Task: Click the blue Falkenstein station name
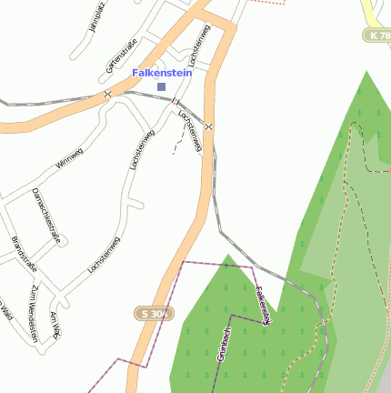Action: tap(161, 72)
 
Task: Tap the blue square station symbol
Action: tap(162, 86)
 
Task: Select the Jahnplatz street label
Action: tap(97, 16)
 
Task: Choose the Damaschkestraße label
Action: tap(46, 216)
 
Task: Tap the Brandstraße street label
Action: tap(23, 255)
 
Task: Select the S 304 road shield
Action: tap(155, 314)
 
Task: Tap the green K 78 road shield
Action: tap(378, 35)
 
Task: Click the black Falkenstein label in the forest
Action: tap(263, 306)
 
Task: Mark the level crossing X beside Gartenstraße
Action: tap(107, 94)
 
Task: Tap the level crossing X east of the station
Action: tap(209, 126)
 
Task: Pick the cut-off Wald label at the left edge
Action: tap(5, 310)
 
